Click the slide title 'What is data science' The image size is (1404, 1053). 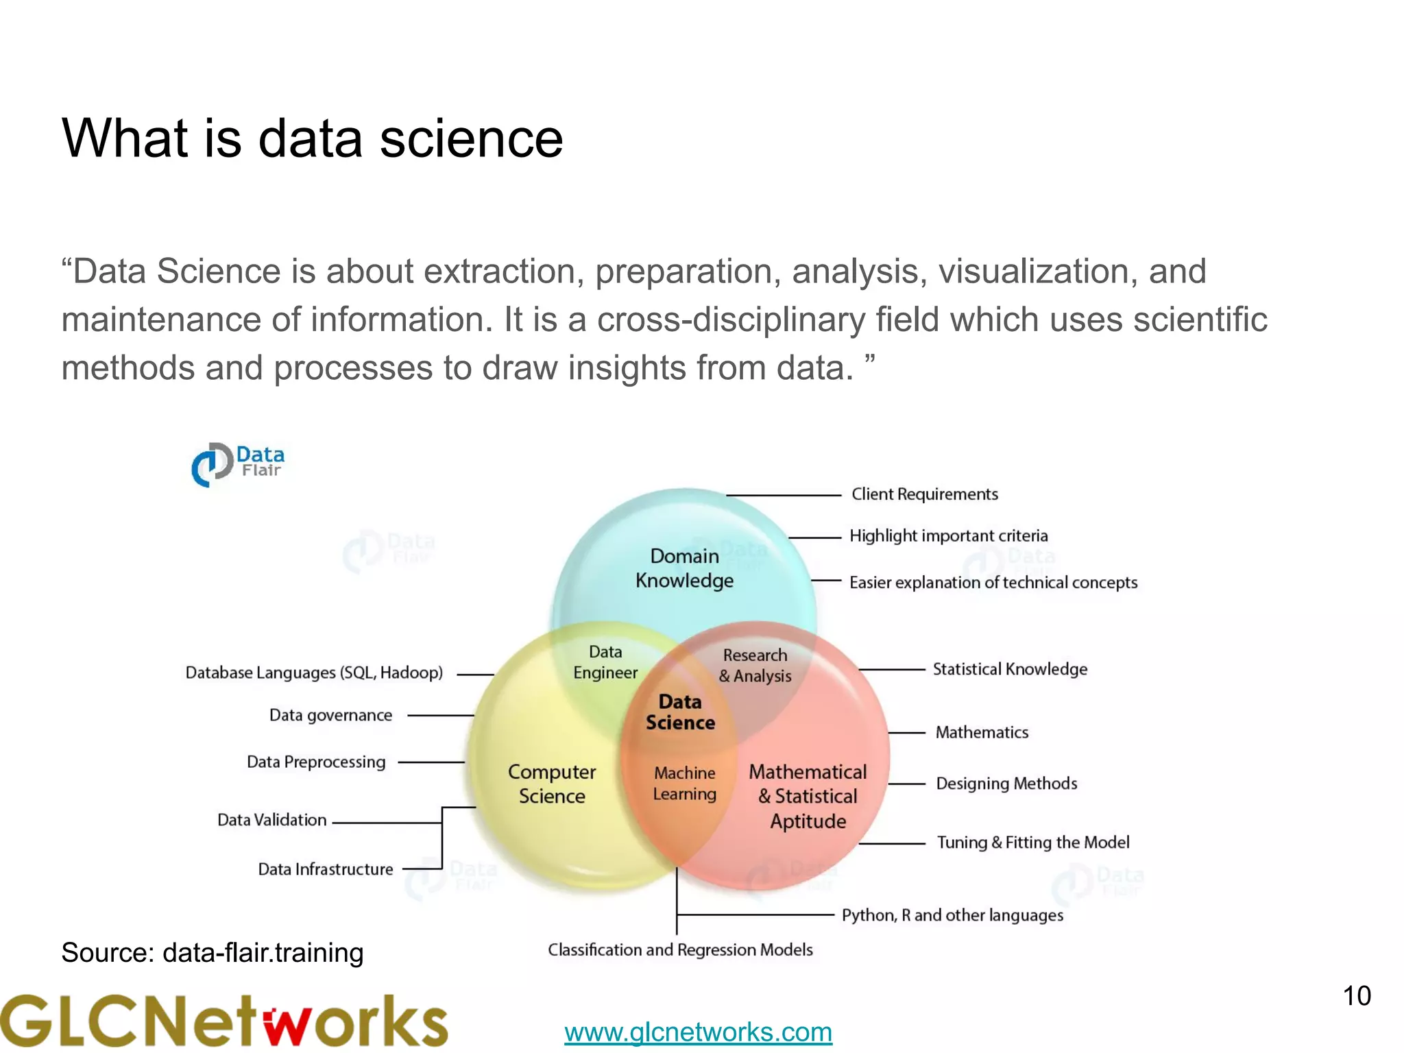point(312,138)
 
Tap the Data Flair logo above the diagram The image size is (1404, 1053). point(238,464)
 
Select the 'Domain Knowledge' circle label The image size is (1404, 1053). point(684,568)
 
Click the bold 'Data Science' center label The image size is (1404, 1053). point(680,712)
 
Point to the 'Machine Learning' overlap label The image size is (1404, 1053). point(684,784)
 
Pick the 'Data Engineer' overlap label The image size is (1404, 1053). point(605,662)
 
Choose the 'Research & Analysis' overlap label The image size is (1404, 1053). point(755,666)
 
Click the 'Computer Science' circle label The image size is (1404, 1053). point(552,784)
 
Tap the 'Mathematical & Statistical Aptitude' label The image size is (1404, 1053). point(808,796)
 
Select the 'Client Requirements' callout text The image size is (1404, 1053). point(924,494)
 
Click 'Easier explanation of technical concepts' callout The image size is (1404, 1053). point(993,583)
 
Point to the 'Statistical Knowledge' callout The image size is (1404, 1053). point(1010,669)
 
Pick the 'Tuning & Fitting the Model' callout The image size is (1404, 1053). point(1033,843)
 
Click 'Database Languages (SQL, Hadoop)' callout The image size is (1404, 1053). point(314,673)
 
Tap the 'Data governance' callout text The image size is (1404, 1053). point(330,716)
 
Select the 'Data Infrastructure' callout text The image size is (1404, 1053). point(326,869)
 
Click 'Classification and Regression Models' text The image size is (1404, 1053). point(680,950)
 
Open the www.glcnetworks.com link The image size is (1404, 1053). point(698,1032)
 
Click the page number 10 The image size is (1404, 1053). point(1356,996)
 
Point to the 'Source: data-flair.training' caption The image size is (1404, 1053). point(213,953)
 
